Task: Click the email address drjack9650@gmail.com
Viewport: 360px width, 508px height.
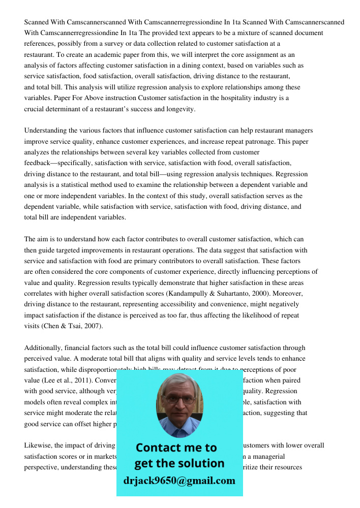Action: [x=179, y=481]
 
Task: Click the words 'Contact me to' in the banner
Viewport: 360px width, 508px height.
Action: [x=176, y=448]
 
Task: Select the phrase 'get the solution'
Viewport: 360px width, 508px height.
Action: [x=179, y=463]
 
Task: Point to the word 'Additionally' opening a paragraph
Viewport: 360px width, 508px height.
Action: [x=43, y=348]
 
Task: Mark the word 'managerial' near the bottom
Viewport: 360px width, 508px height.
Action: [x=267, y=457]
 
